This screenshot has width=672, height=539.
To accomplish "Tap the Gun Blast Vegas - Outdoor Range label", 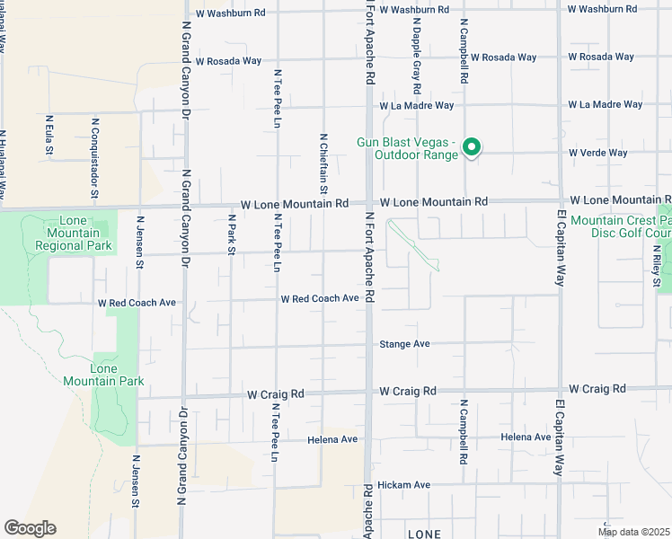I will pyautogui.click(x=407, y=148).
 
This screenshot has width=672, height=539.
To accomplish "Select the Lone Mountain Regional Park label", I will pyautogui.click(x=74, y=233).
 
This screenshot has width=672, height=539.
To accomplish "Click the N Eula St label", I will pyautogui.click(x=49, y=136).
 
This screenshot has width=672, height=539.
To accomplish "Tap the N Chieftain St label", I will pyautogui.click(x=323, y=163).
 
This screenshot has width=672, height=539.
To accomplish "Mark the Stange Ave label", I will pyautogui.click(x=404, y=344).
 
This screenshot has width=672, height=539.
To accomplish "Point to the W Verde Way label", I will pyautogui.click(x=597, y=153).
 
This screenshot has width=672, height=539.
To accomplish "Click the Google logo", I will pyautogui.click(x=29, y=528).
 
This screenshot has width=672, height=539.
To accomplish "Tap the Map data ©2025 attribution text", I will pyautogui.click(x=633, y=532).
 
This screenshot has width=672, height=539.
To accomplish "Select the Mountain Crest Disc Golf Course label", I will pyautogui.click(x=620, y=227).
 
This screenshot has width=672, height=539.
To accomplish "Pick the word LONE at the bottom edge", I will pyautogui.click(x=423, y=534).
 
